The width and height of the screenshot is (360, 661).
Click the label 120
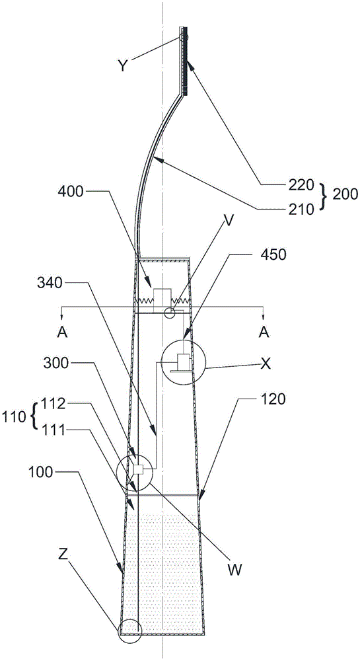pyautogui.click(x=271, y=399)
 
